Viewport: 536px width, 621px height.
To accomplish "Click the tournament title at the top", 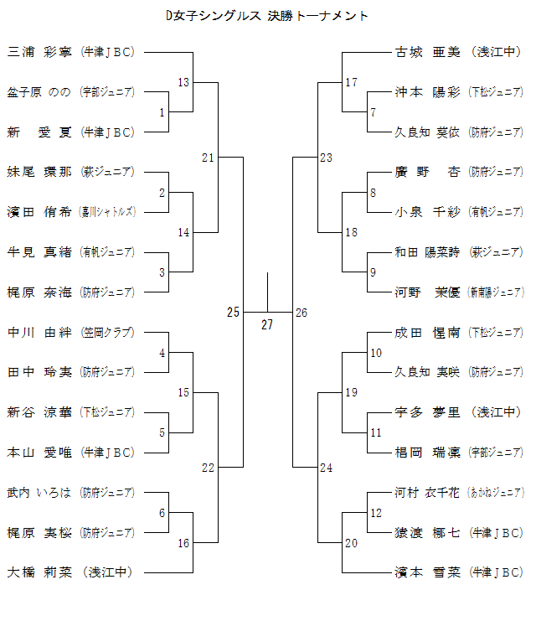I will pos(267,15).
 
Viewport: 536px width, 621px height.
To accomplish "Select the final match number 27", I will pos(267,325).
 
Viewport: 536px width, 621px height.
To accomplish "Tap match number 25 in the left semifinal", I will pos(234,313).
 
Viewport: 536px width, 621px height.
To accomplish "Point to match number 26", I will pos(301,313).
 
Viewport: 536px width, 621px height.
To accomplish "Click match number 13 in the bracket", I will pos(184,82).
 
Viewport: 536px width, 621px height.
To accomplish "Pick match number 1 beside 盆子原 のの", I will pos(162,112).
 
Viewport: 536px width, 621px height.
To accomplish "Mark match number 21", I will pos(209,158).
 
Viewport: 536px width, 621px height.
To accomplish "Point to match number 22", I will pos(209,467).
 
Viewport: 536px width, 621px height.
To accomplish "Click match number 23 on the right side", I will pos(326,158).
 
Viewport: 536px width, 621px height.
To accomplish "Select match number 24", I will pos(326,467).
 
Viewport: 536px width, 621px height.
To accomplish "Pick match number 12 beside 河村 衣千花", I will pos(376,513).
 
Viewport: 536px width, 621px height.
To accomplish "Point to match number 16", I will pos(184,543).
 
